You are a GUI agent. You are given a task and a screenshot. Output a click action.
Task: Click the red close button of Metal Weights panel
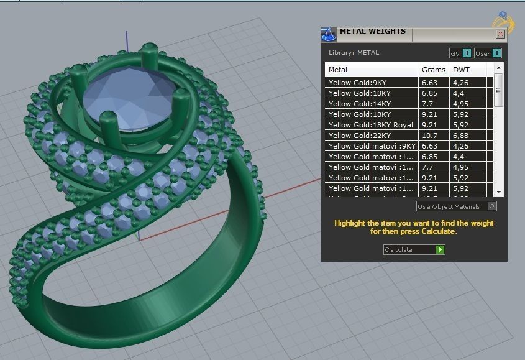[500, 34]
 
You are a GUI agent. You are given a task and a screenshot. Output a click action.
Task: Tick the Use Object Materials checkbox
[492, 206]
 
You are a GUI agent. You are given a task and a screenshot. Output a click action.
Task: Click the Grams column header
[433, 70]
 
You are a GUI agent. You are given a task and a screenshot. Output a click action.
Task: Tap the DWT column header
[461, 70]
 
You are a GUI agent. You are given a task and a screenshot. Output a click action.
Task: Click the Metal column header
[338, 70]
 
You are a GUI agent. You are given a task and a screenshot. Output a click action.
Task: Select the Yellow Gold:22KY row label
[359, 136]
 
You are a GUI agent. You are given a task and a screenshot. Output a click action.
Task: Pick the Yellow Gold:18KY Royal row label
[370, 125]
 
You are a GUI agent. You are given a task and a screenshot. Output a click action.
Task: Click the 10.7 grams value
[430, 136]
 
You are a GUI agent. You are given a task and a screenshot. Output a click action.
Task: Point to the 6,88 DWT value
[461, 136]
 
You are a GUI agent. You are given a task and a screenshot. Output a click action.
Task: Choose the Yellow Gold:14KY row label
[359, 104]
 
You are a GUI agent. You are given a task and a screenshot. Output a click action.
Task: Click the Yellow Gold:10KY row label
[359, 93]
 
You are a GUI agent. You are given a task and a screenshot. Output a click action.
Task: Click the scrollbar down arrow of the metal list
[498, 192]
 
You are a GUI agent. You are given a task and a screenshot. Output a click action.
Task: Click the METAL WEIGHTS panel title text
[372, 31]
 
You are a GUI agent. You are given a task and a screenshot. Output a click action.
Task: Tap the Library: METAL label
[354, 53]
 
